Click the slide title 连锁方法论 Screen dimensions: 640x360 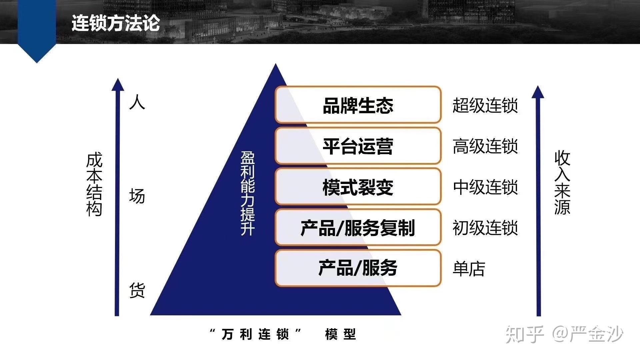click(x=116, y=23)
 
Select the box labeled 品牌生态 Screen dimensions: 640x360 click(x=358, y=105)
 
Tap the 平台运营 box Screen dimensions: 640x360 click(x=358, y=146)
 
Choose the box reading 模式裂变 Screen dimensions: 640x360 click(x=358, y=187)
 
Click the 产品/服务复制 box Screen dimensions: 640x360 click(x=358, y=228)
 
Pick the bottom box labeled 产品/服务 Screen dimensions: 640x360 click(x=358, y=268)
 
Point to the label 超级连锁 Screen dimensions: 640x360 click(x=485, y=105)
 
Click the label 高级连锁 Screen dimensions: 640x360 click(x=485, y=146)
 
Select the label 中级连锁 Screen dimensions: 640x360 click(x=485, y=187)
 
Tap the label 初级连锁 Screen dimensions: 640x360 click(x=485, y=228)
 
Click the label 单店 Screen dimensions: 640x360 click(x=469, y=269)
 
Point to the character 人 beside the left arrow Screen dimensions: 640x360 click(x=137, y=102)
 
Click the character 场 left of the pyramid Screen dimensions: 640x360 click(x=137, y=196)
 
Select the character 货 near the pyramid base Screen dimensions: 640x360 click(x=137, y=290)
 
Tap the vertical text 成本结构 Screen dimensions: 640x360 click(x=94, y=184)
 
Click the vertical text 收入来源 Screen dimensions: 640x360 click(x=562, y=182)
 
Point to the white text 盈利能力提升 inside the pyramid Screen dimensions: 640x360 click(x=248, y=193)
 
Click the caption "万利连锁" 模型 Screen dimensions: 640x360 click(x=283, y=334)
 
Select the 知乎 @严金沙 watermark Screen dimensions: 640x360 click(x=564, y=334)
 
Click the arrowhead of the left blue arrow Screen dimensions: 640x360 click(x=117, y=84)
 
